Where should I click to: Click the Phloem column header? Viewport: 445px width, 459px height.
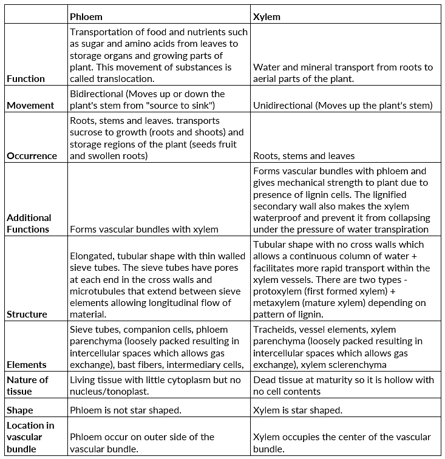[86, 16]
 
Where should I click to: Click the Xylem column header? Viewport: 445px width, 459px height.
[267, 16]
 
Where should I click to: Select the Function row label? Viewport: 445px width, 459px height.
[26, 78]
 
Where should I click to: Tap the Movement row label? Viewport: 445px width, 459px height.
[30, 105]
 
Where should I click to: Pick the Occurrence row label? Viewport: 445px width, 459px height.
[32, 155]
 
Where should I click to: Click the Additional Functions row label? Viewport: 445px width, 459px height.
[29, 223]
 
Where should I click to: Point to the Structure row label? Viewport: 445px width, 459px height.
[27, 314]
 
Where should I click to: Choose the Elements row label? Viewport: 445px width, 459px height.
[27, 364]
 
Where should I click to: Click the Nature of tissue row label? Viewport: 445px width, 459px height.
[27, 386]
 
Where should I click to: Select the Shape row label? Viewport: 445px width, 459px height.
[21, 410]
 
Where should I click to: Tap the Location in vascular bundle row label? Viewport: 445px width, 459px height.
[30, 437]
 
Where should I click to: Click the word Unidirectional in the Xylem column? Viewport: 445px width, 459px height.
[282, 106]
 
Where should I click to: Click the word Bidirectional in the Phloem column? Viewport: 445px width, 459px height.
[97, 94]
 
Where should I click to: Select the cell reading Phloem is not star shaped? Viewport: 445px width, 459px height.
[126, 410]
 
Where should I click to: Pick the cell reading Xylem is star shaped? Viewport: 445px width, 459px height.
[297, 410]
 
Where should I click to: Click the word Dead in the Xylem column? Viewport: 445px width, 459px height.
[264, 379]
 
